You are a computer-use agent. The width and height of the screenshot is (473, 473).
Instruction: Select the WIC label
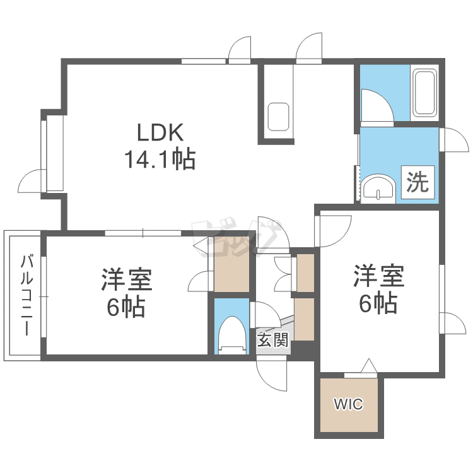349,404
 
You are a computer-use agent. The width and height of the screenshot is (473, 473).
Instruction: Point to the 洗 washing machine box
417,182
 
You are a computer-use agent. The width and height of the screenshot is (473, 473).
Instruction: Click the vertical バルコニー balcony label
27,295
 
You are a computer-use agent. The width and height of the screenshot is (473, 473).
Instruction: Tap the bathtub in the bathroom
425,93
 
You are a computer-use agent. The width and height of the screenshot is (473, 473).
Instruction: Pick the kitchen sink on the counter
278,116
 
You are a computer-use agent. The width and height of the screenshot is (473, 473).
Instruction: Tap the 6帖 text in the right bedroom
378,304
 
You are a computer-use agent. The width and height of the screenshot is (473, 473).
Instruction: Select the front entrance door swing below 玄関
272,374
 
